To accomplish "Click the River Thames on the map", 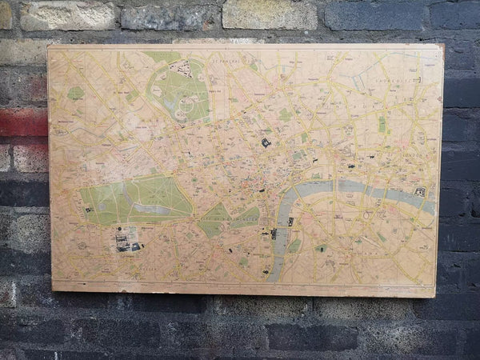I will point(336,190).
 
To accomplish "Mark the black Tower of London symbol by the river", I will point(419,191).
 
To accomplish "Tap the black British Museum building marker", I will point(266,142).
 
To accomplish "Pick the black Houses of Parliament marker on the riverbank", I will point(274,233).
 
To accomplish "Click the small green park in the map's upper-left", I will point(75,93).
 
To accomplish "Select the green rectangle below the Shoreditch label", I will point(382,124).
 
